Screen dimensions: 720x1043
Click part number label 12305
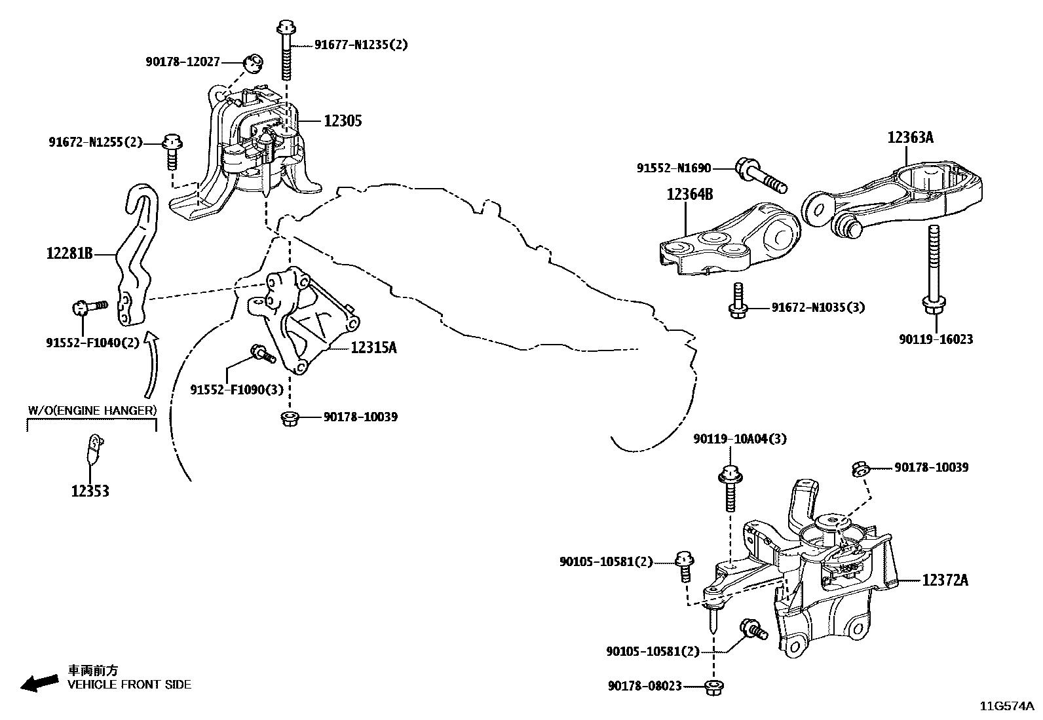342,121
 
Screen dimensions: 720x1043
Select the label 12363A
911,138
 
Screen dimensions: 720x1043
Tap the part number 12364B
690,195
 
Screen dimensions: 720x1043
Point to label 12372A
945,580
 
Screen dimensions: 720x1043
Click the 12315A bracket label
373,348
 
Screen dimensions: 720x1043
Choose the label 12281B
69,253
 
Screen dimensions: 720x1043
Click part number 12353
90,491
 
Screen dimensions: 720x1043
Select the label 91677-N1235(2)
360,45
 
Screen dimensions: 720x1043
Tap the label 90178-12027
183,62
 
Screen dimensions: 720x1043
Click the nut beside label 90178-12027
252,64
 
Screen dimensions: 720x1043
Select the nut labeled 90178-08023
713,687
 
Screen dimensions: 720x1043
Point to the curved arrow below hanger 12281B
151,364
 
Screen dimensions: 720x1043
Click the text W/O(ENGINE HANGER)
92,411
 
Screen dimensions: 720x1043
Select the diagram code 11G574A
1006,706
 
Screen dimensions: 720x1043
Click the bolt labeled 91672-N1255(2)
172,149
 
